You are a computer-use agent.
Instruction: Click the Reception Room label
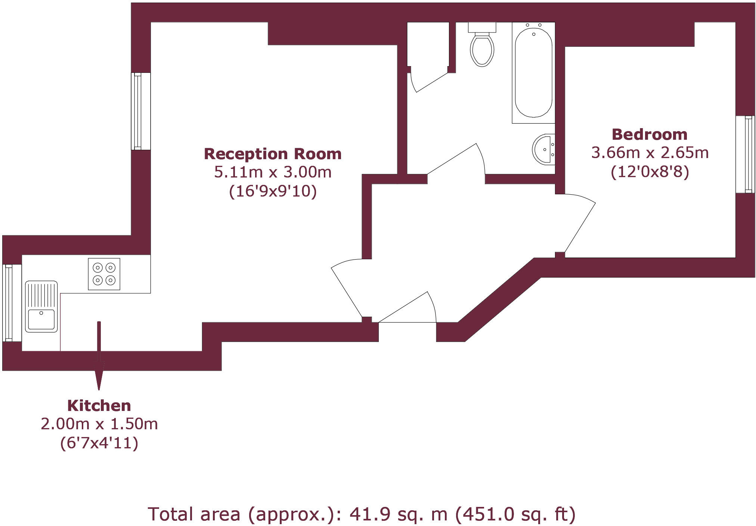pyautogui.click(x=273, y=154)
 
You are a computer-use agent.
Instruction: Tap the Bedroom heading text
pyautogui.click(x=650, y=134)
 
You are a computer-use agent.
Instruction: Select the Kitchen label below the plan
pyautogui.click(x=99, y=406)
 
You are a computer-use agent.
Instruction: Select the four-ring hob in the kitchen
pyautogui.click(x=104, y=274)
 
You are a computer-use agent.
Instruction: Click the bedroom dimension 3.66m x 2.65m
pyautogui.click(x=650, y=153)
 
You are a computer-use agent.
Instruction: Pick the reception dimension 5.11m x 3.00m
pyautogui.click(x=273, y=172)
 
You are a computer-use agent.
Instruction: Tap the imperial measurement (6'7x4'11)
pyautogui.click(x=99, y=443)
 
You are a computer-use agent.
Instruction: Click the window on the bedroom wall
pyautogui.click(x=745, y=154)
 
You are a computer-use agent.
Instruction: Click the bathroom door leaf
pyautogui.click(x=452, y=159)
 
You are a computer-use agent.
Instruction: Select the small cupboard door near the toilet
pyautogui.click(x=432, y=83)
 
